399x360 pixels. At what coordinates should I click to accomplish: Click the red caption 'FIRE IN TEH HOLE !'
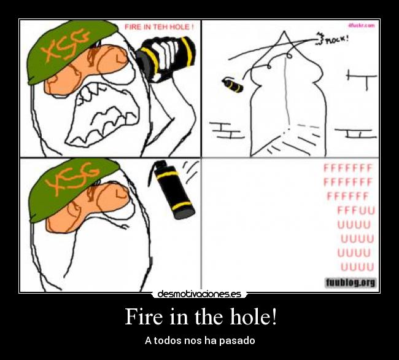tap(159, 27)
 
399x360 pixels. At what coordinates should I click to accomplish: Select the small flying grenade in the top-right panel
tap(231, 84)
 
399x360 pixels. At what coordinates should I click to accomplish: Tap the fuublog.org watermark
tap(350, 283)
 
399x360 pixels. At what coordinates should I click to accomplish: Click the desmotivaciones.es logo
tap(199, 294)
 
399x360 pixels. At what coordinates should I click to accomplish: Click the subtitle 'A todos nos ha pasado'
tap(199, 340)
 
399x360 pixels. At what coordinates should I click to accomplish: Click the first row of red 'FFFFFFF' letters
tap(348, 168)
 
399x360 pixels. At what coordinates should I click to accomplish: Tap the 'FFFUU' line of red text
tap(355, 210)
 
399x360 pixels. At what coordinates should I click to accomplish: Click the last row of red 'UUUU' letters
tap(357, 267)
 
